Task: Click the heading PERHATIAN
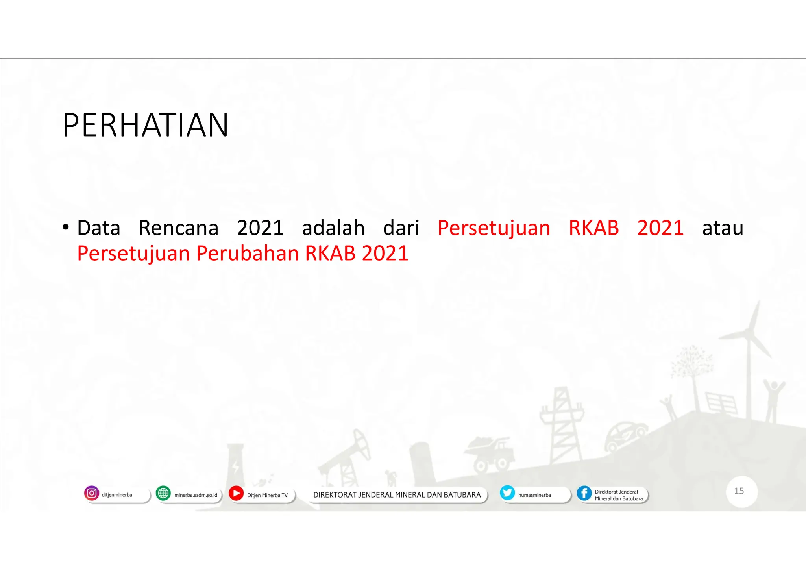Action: [145, 125]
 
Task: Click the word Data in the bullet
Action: [98, 228]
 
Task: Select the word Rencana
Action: [178, 228]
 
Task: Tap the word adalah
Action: [333, 228]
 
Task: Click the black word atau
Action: [723, 228]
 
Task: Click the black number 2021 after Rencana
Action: [260, 228]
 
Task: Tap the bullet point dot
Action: [65, 228]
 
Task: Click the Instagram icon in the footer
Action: [91, 493]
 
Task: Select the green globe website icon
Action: [163, 493]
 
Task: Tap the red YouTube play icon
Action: [236, 493]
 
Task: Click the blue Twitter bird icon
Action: [507, 493]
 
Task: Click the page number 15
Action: [739, 491]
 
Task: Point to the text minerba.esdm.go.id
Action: [196, 495]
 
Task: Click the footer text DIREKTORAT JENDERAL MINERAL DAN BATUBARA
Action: [397, 495]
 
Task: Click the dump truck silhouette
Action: [490, 455]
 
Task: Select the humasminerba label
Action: [534, 495]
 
